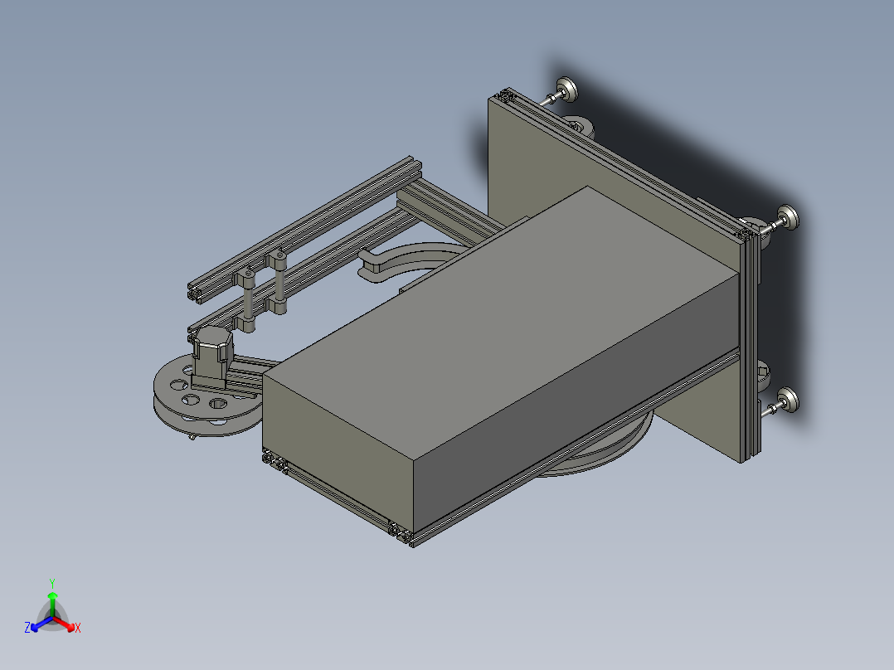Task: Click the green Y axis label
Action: pyautogui.click(x=51, y=583)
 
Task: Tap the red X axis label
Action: pyautogui.click(x=78, y=629)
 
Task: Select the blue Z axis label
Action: pyautogui.click(x=27, y=628)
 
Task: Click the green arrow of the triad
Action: pyautogui.click(x=52, y=598)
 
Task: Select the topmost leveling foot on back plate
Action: pyautogui.click(x=567, y=88)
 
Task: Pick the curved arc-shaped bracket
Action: pyautogui.click(x=406, y=257)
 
